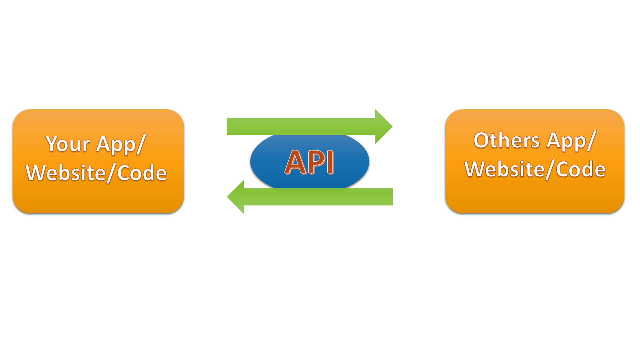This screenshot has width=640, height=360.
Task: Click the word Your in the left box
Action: pyautogui.click(x=68, y=144)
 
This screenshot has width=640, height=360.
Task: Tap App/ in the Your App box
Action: pyautogui.click(x=121, y=145)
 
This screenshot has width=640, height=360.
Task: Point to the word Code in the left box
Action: pyautogui.click(x=142, y=173)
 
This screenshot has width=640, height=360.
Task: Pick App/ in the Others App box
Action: pyautogui.click(x=571, y=141)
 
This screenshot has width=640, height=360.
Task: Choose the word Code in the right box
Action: pyautogui.click(x=581, y=169)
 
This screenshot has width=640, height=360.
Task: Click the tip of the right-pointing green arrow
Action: pyautogui.click(x=393, y=126)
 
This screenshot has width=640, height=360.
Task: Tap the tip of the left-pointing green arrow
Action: pyautogui.click(x=227, y=197)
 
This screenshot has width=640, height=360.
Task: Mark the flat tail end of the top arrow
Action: pyautogui.click(x=227, y=126)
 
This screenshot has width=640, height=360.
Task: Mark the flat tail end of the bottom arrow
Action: pyautogui.click(x=392, y=197)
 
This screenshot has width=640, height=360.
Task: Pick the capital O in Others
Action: pyautogui.click(x=482, y=140)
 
